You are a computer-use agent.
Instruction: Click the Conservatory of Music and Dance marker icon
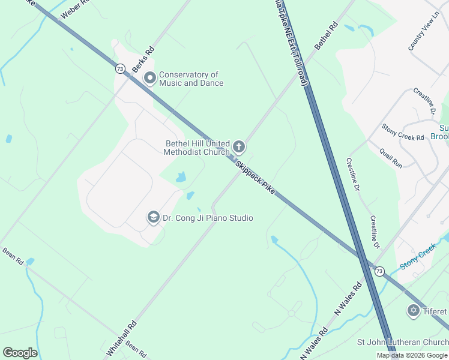tap(149, 79)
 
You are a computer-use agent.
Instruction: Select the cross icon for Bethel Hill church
tap(239, 147)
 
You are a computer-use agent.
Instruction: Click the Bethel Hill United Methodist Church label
tap(197, 148)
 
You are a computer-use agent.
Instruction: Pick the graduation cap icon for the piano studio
tap(153, 217)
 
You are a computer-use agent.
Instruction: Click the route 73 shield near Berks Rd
tap(121, 69)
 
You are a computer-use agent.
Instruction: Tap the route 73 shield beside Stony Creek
tap(379, 271)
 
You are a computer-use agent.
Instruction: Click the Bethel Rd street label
tap(327, 36)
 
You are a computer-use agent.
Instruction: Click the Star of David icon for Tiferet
tap(413, 311)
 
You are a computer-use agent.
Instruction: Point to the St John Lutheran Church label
tap(402, 343)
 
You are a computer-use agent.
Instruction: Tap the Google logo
tap(20, 353)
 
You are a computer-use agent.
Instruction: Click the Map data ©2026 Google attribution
tap(412, 355)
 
